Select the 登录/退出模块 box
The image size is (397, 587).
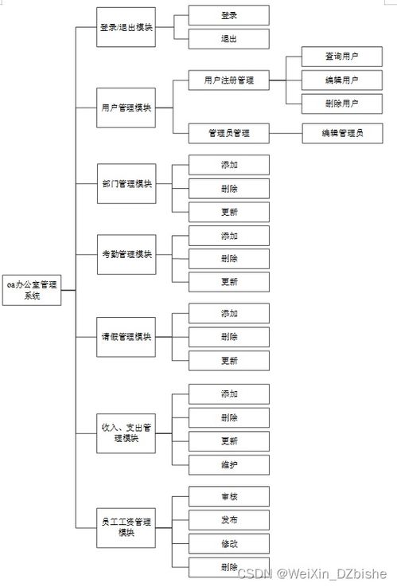pyautogui.click(x=126, y=27)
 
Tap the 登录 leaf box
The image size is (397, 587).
pyautogui.click(x=229, y=15)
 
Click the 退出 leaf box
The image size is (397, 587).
pyautogui.click(x=229, y=39)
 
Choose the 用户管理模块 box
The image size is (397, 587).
pyautogui.click(x=126, y=108)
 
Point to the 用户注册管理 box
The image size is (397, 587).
pyautogui.click(x=229, y=80)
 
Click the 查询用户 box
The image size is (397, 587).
pyautogui.click(x=341, y=57)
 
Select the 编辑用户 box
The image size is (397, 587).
pyautogui.click(x=341, y=80)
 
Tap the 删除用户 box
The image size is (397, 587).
pyautogui.click(x=341, y=104)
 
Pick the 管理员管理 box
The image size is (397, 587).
pyautogui.click(x=229, y=133)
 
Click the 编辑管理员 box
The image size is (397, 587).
pyautogui.click(x=341, y=133)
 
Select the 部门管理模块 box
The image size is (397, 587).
pyautogui.click(x=126, y=184)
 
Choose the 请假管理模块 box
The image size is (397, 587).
pyautogui.click(x=126, y=336)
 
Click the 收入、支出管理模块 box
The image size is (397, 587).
pyautogui.click(x=126, y=434)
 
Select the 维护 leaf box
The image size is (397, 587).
pyautogui.click(x=229, y=465)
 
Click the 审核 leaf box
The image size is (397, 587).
pyautogui.click(x=229, y=496)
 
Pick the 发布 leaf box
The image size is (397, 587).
pyautogui.click(x=229, y=519)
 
